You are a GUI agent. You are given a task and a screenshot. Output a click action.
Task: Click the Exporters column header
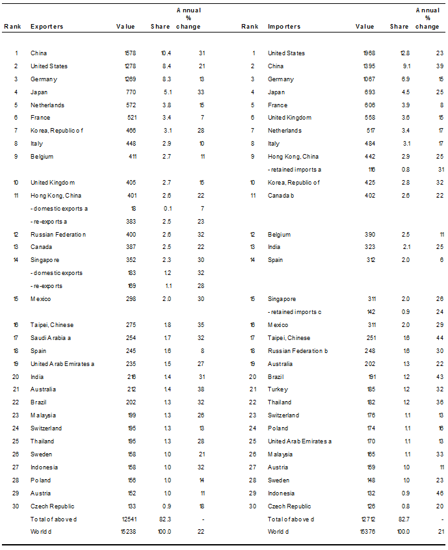(47, 27)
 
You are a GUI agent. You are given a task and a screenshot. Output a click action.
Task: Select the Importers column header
(284, 27)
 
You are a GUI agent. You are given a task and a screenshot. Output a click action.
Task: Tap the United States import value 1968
(367, 53)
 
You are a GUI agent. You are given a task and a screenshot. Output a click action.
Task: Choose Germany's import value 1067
(367, 79)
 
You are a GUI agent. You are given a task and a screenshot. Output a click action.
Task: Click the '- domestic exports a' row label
(59, 209)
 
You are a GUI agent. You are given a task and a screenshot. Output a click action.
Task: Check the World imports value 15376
(366, 532)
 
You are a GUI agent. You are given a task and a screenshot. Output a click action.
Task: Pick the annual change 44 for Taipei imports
(440, 338)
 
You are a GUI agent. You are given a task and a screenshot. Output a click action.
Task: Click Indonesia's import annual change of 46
(440, 493)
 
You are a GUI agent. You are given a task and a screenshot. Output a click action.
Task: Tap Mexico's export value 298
(130, 299)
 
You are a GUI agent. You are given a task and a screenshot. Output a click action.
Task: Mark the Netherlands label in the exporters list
(47, 105)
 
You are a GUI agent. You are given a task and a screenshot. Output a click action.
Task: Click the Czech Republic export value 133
(130, 506)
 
